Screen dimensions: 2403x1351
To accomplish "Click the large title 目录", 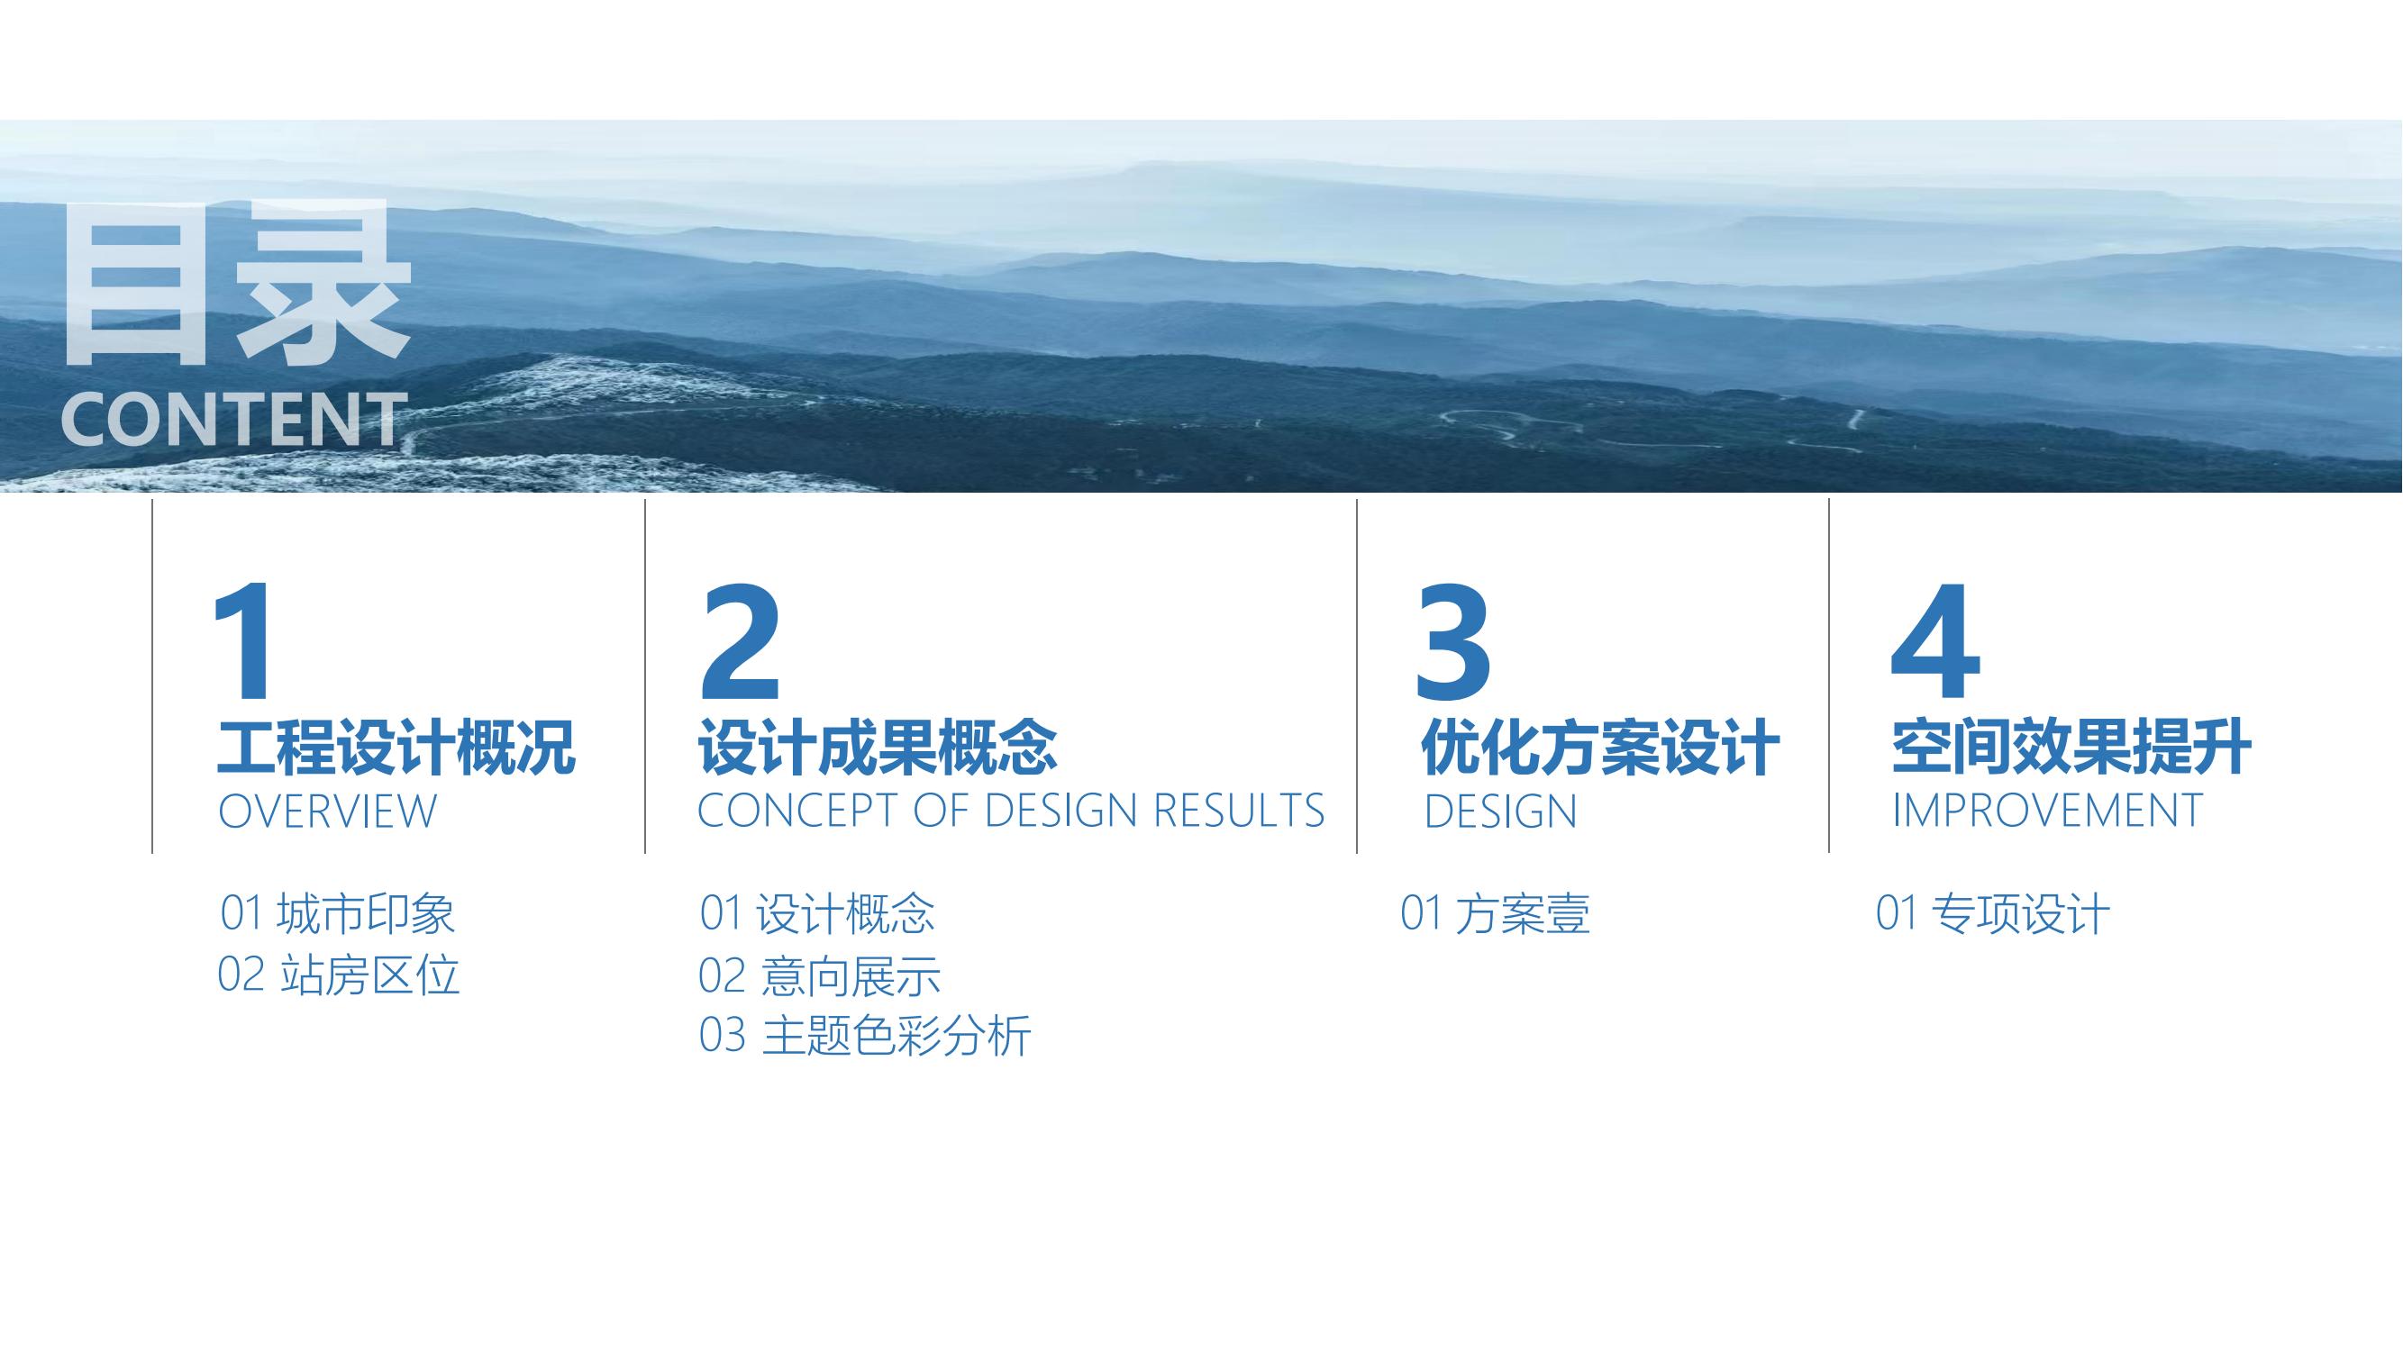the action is click(x=236, y=283).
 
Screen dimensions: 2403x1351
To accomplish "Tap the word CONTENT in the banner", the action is click(x=234, y=420).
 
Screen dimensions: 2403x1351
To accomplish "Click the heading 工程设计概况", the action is click(x=396, y=748).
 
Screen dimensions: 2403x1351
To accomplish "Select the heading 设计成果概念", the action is click(x=878, y=748).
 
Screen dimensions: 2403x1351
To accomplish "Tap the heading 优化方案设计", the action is click(x=1601, y=748).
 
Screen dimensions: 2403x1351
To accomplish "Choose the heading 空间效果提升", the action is click(x=2071, y=748).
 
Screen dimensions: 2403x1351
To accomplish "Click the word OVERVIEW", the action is click(x=327, y=812).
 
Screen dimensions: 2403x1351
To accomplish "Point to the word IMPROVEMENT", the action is click(x=2048, y=811).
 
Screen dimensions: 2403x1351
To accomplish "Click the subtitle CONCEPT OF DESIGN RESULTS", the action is click(x=1011, y=811).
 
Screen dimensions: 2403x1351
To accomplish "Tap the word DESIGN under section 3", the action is click(x=1500, y=812).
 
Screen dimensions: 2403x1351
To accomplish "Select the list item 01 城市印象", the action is click(x=338, y=912).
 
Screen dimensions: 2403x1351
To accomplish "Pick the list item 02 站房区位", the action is click(x=339, y=975).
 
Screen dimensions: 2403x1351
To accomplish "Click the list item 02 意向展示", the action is click(x=820, y=975).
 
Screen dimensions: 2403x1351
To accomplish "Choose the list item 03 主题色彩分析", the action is click(x=865, y=1036).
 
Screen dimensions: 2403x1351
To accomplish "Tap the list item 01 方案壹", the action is click(x=1496, y=912).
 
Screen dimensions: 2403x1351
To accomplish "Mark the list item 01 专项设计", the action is click(x=1992, y=912).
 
